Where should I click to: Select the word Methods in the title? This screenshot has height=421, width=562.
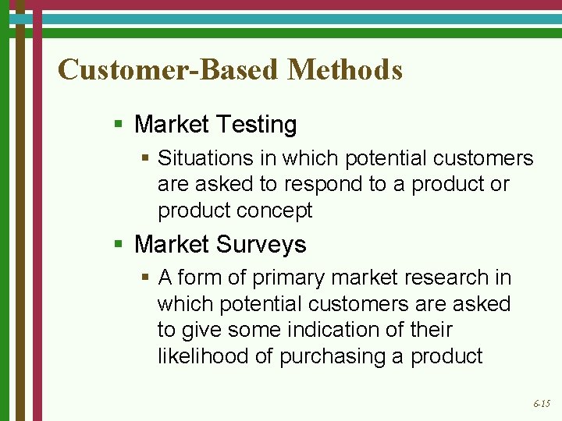pyautogui.click(x=345, y=70)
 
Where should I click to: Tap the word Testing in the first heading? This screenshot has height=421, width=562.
pyautogui.click(x=256, y=125)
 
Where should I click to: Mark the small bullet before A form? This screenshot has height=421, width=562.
pyautogui.click(x=146, y=278)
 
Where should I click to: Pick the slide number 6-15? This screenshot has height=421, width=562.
pyautogui.click(x=541, y=404)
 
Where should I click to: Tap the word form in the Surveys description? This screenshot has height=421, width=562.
pyautogui.click(x=194, y=278)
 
